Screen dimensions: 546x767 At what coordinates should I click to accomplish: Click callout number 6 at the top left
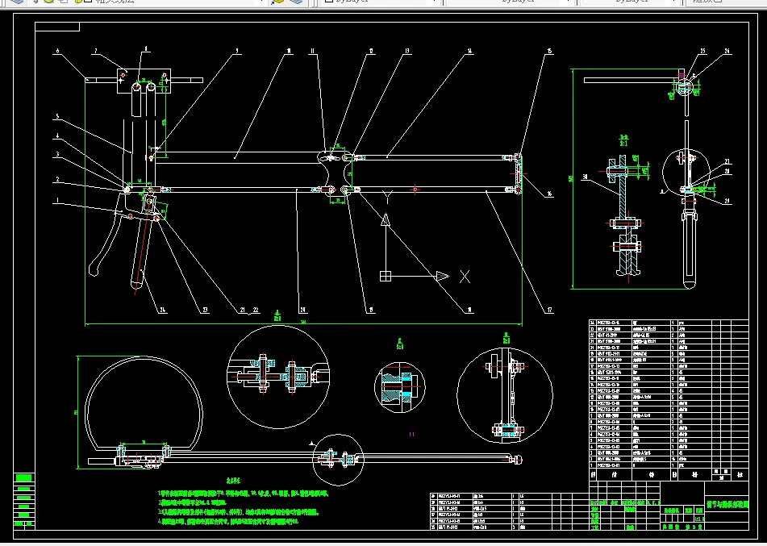58,52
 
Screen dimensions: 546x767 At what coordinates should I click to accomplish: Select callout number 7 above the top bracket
94,52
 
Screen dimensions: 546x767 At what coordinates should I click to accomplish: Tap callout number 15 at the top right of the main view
549,52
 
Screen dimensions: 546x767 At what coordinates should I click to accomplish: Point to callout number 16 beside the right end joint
549,194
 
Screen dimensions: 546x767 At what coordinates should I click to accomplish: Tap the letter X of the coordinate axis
465,277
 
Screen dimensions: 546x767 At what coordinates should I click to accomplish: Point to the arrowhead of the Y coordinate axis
386,220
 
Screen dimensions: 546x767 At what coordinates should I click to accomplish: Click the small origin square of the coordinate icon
386,277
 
